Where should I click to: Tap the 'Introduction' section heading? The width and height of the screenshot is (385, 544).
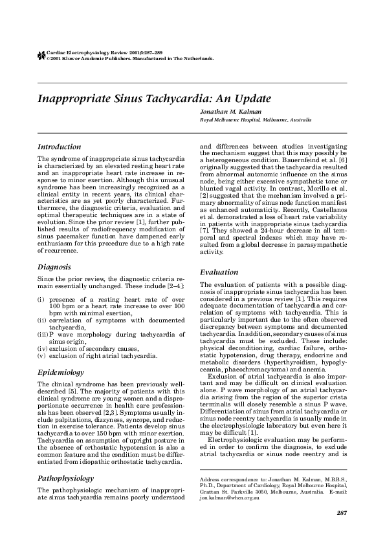click(x=59, y=147)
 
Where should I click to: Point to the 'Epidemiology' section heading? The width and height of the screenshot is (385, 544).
click(x=61, y=373)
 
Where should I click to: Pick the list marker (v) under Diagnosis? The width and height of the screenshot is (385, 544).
click(x=41, y=356)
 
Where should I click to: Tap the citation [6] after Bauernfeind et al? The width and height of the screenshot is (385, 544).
click(x=343, y=159)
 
